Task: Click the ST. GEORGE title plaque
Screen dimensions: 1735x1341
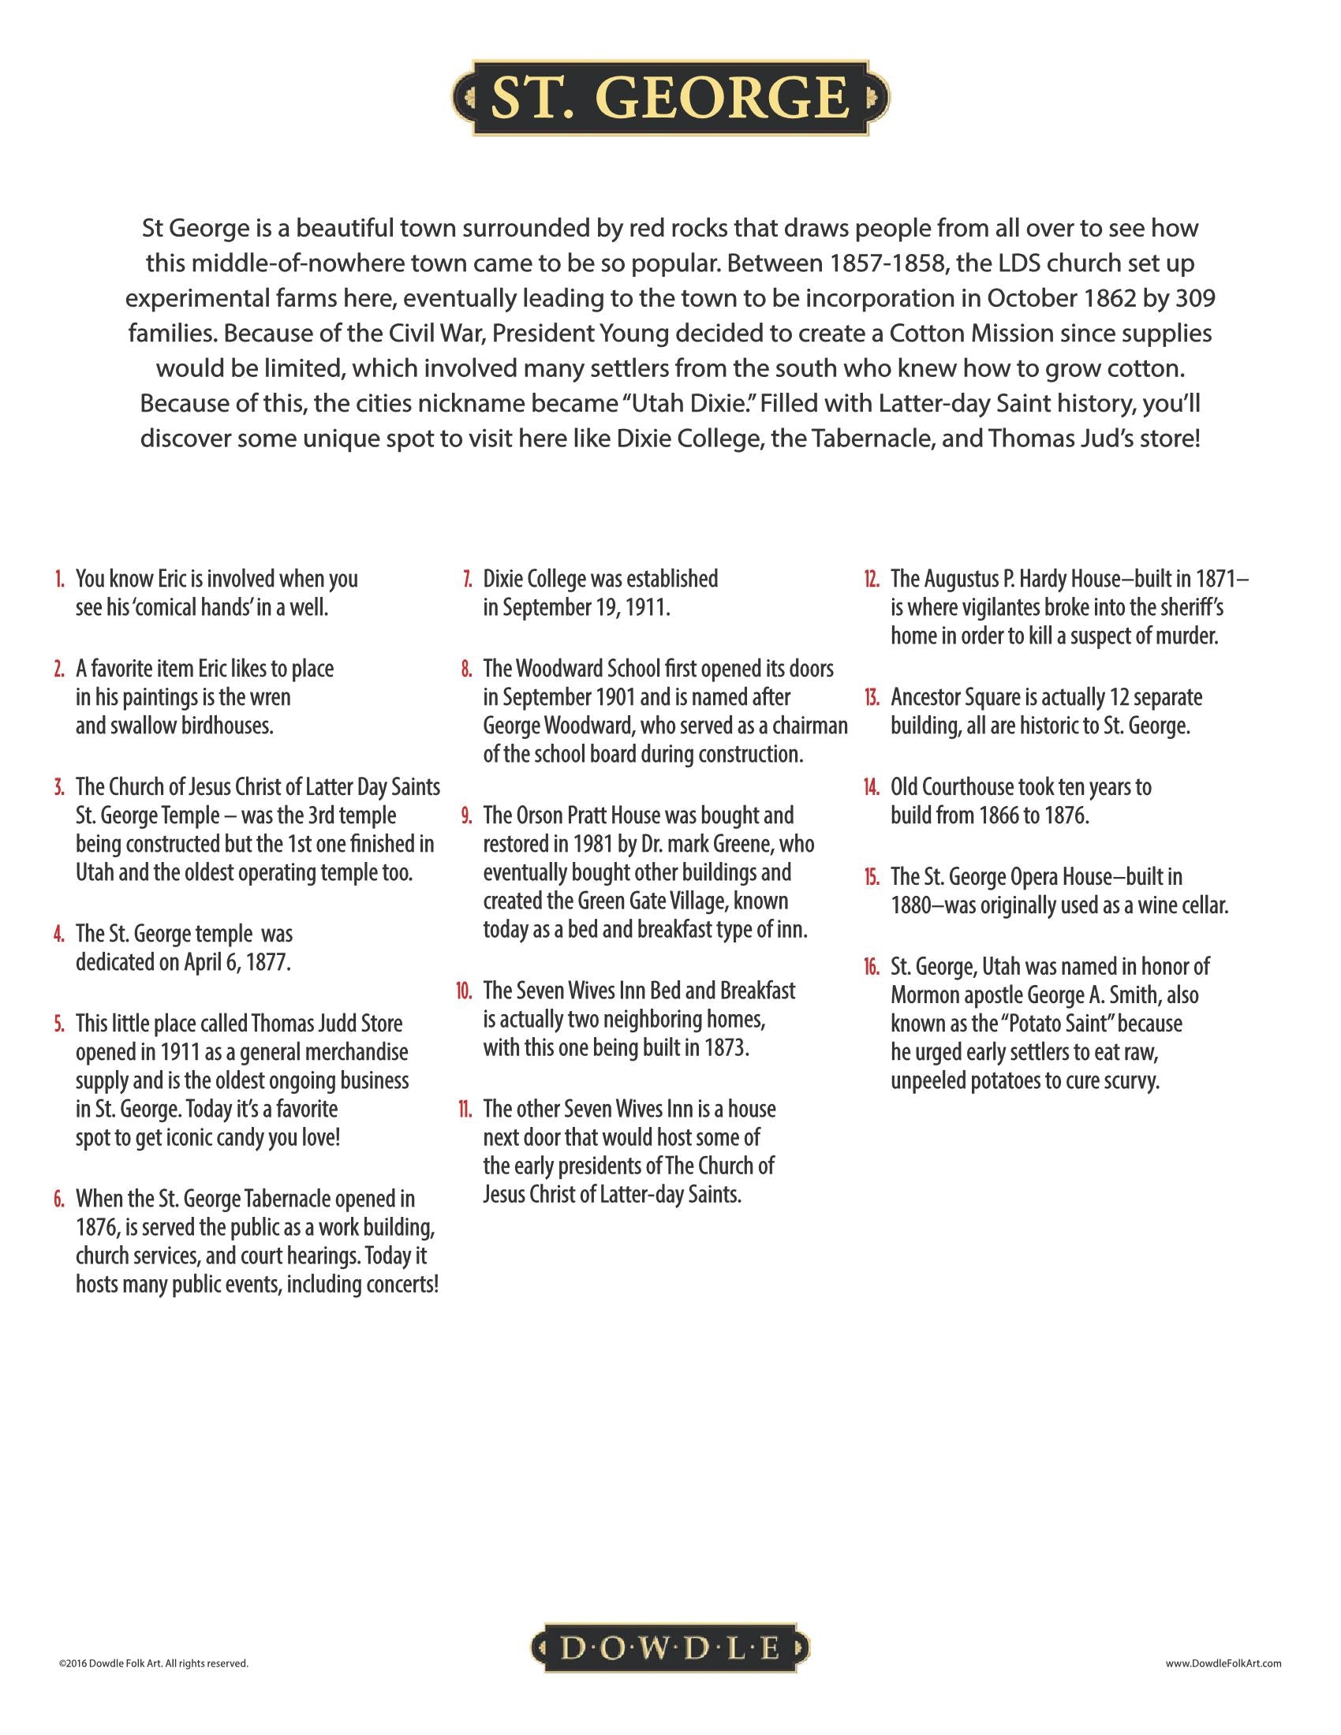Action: coord(670,98)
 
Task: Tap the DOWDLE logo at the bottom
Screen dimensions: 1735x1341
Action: coord(670,1649)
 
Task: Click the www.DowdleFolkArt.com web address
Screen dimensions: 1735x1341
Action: coord(1223,1662)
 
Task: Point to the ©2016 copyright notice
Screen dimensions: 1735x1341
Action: coord(153,1662)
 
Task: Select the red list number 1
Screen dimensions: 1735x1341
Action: coord(60,579)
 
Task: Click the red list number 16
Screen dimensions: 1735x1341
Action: coord(872,967)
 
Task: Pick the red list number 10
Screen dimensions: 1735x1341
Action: coord(464,991)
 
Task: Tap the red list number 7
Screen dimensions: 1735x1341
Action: coord(468,579)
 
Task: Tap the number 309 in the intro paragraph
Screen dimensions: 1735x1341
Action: coord(1193,299)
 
